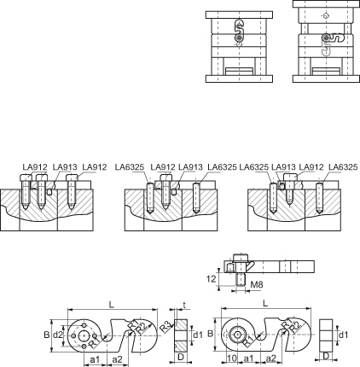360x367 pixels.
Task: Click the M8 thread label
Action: pos(257,284)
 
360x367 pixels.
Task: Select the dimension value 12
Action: pos(211,279)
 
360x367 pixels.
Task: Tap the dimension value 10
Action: pos(232,358)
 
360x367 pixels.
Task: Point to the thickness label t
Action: pos(184,306)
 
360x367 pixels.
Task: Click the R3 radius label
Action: pos(165,328)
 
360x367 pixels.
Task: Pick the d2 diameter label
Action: pos(58,335)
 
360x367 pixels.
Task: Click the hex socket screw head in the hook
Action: pos(235,335)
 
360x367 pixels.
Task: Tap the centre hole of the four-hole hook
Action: pos(84,335)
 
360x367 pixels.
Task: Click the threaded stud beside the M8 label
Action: pos(241,280)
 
